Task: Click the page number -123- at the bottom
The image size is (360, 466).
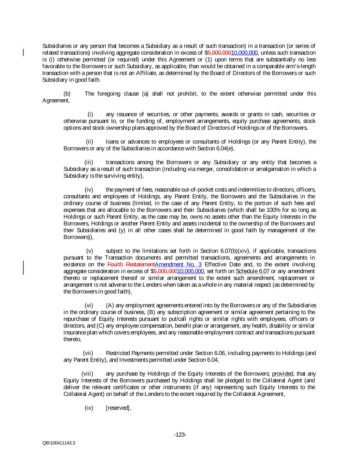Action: (180, 435)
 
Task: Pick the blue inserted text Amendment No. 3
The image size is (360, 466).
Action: (178, 265)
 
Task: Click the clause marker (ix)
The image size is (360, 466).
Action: (89, 408)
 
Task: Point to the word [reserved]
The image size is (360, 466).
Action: (118, 408)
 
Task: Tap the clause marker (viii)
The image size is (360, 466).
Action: (87, 374)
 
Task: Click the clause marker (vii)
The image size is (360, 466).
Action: (88, 353)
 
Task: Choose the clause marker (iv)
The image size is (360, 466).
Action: (89, 189)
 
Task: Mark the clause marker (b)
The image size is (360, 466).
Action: (67, 94)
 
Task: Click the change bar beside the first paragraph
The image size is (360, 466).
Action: (24, 53)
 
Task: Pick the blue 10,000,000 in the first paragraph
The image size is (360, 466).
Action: (244, 53)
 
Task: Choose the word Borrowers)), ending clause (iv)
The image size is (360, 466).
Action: (78, 237)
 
